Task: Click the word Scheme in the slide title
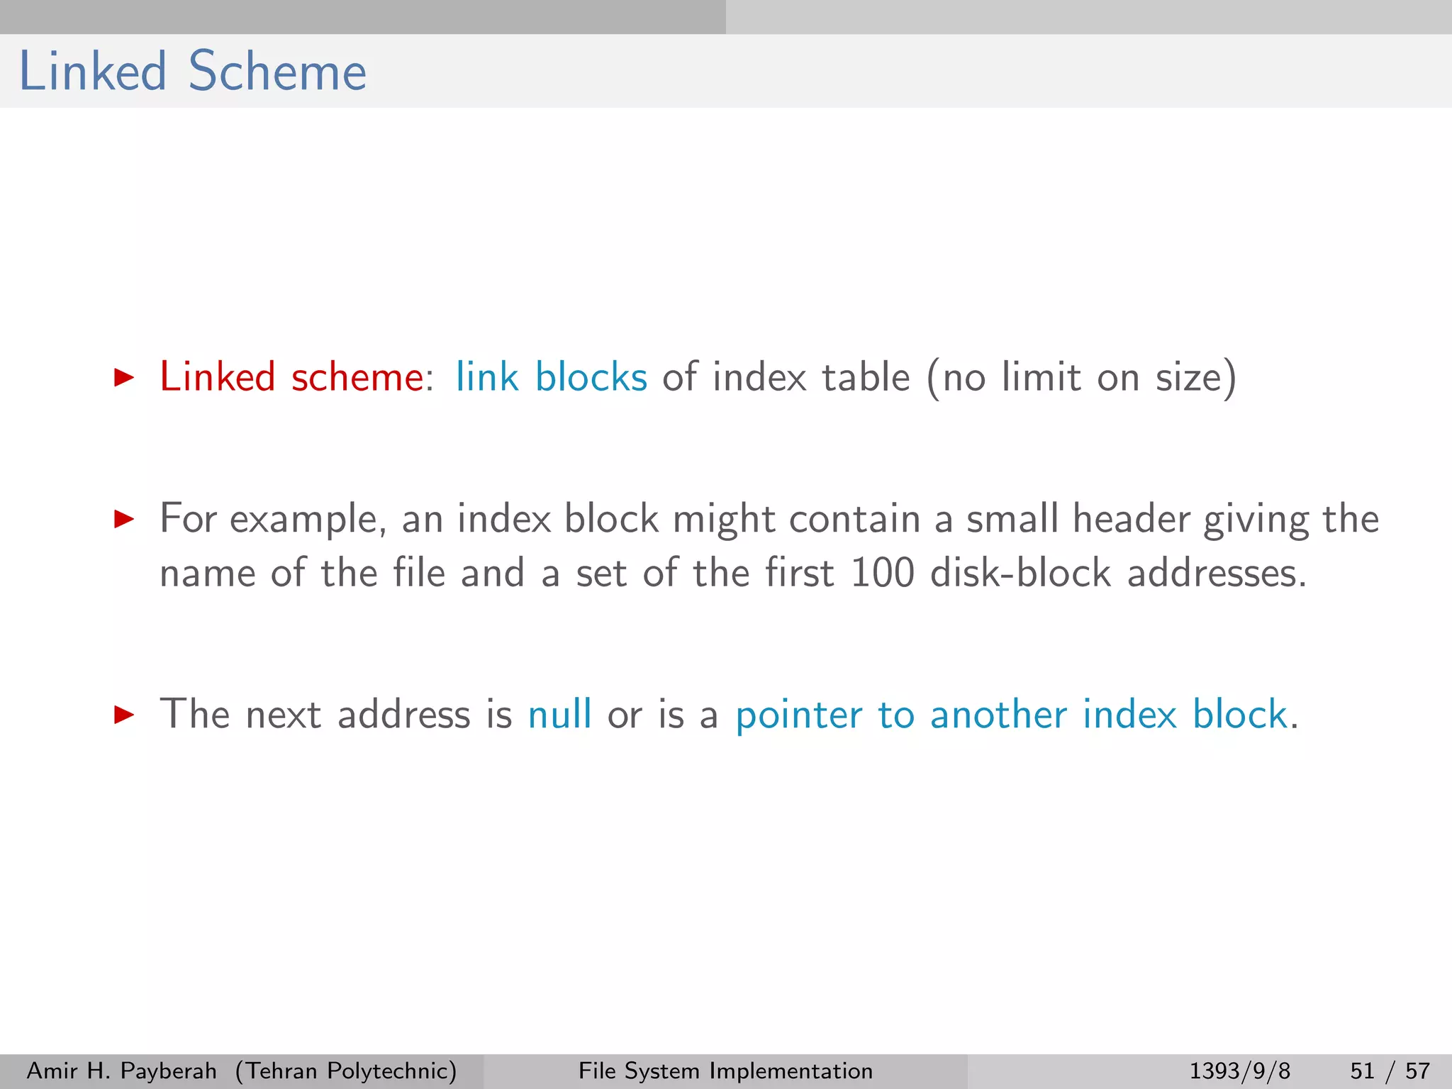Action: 277,72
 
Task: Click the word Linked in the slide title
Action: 92,72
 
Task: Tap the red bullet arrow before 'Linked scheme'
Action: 124,377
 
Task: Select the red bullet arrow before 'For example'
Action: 124,519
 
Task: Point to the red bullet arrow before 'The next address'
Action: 124,714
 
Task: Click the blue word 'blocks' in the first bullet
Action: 591,376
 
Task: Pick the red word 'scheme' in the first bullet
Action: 357,376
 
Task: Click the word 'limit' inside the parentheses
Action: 1041,376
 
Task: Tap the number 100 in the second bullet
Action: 882,573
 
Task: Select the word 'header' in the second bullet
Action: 1131,519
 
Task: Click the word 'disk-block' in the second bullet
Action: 1020,573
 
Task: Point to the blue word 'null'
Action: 559,714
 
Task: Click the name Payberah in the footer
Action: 169,1071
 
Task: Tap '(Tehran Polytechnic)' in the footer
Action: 346,1071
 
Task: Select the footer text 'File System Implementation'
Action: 725,1071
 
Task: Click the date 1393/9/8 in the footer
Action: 1239,1071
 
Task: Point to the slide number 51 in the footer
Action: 1362,1071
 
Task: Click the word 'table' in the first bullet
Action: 866,376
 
